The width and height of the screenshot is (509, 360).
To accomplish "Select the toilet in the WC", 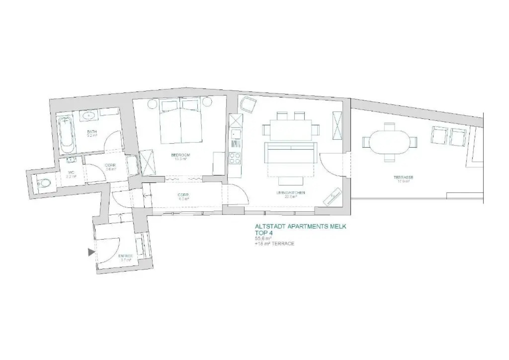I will coord(44,183).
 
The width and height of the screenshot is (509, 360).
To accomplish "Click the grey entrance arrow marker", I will coord(91,252).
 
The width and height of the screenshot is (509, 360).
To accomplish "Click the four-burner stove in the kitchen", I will coord(235,158).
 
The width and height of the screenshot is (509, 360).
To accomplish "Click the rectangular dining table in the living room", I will coord(291,130).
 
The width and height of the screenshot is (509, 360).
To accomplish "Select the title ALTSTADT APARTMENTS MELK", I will coord(300,227).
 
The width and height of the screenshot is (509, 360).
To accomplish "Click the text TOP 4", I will coord(264,233).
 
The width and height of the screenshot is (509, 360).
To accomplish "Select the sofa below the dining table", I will coord(290,153).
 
